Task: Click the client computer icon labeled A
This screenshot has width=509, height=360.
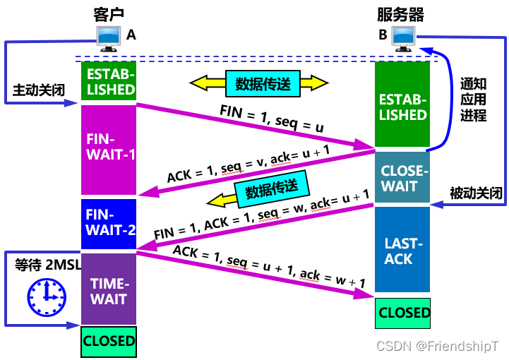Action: (x=108, y=39)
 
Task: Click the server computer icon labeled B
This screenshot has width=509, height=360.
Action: (x=404, y=39)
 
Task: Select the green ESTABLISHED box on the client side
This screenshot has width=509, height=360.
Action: (x=109, y=80)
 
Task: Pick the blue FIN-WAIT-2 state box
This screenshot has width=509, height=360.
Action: (x=109, y=221)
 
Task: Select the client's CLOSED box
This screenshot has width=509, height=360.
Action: (x=109, y=341)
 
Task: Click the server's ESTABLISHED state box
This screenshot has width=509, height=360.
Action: (x=402, y=106)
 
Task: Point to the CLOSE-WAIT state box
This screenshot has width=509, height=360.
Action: (x=402, y=178)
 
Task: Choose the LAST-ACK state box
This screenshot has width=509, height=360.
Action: (x=402, y=251)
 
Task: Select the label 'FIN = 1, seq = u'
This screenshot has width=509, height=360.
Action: (x=271, y=119)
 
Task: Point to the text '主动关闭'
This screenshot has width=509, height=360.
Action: (x=38, y=90)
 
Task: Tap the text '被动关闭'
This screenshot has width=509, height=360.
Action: (x=477, y=193)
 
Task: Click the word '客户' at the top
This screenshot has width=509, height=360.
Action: (x=108, y=13)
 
